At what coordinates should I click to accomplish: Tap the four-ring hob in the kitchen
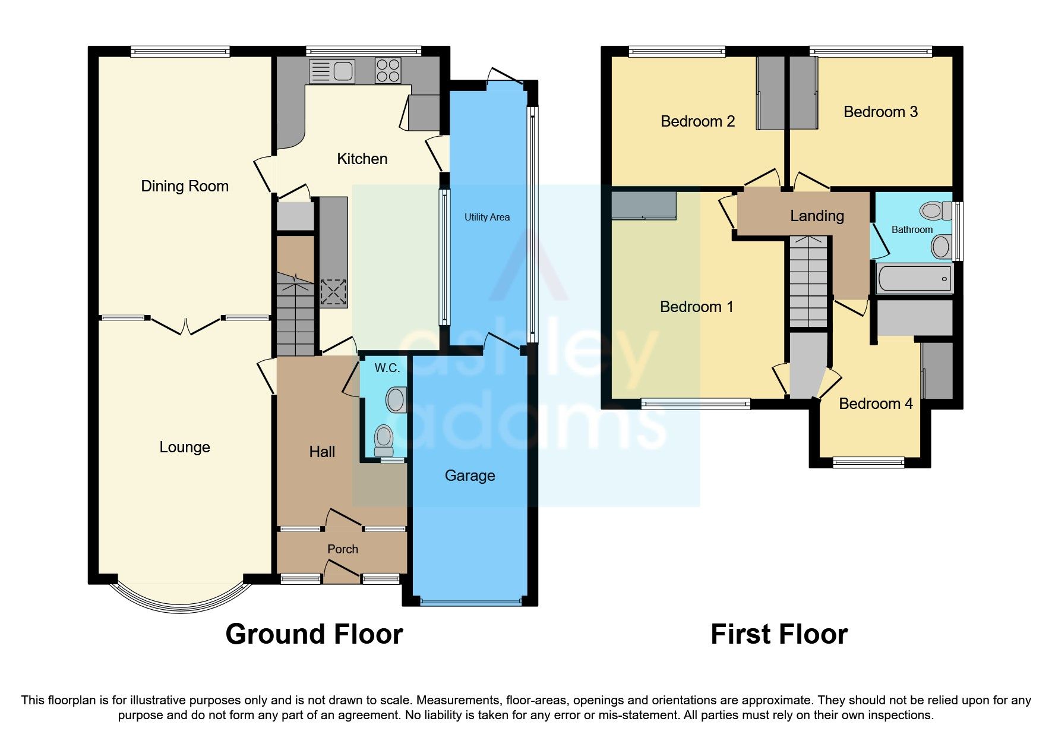point(388,70)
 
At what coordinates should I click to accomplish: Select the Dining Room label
point(185,186)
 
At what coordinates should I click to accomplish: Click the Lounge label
point(185,447)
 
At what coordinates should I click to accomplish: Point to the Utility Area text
point(487,217)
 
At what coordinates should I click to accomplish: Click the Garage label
point(470,475)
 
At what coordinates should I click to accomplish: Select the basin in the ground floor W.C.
point(396,400)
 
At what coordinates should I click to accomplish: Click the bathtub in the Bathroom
point(914,278)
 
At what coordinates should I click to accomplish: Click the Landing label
point(817,216)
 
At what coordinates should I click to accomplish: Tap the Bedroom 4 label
point(876,404)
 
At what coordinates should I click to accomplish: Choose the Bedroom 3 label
point(880,112)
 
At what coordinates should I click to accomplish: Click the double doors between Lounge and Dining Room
point(185,326)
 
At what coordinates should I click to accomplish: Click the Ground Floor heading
point(314,634)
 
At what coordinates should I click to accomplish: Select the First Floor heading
point(779,634)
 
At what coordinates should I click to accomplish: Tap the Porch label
point(343,549)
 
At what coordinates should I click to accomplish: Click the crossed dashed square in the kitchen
point(333,292)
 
